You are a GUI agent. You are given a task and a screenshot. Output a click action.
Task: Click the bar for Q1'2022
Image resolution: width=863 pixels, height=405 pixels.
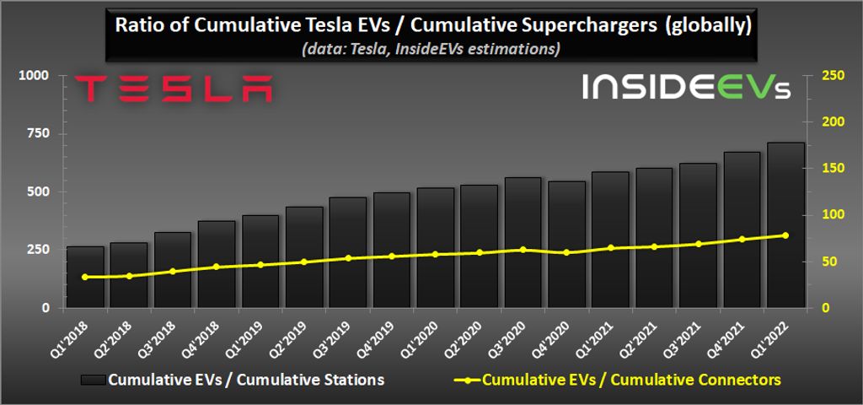(785, 225)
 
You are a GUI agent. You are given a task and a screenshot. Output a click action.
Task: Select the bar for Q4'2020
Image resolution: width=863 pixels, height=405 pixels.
(566, 245)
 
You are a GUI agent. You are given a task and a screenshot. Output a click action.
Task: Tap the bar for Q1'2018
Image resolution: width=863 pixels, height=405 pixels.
(85, 278)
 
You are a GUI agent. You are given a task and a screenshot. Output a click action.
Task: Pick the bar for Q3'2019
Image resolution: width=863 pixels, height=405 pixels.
(348, 253)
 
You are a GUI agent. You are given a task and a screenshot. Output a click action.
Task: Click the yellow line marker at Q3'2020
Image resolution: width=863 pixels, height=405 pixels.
(523, 250)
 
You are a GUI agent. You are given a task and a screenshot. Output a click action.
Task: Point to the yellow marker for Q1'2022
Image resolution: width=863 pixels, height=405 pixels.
(785, 235)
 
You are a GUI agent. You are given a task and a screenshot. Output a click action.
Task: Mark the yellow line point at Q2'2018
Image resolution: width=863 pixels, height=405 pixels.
(129, 276)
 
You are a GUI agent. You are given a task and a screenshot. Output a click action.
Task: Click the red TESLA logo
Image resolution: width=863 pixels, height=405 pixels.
(173, 89)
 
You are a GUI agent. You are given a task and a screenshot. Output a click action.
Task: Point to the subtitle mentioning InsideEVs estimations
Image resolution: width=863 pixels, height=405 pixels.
(431, 50)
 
